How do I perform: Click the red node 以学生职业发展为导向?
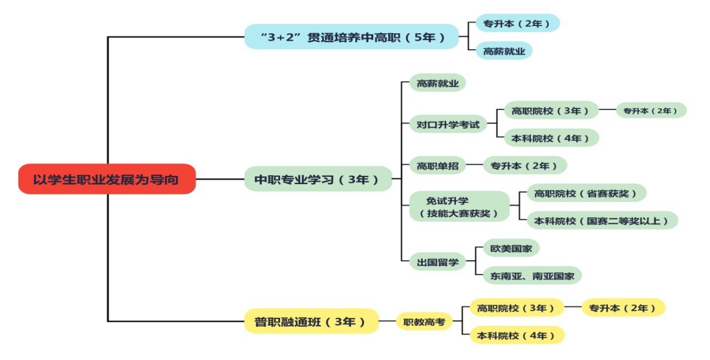point(106,179)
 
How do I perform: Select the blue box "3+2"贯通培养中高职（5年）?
point(352,37)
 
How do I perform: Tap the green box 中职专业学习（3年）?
point(318,179)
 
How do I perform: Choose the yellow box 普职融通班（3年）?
point(311,321)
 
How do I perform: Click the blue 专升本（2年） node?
point(517,23)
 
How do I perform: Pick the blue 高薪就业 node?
point(504,51)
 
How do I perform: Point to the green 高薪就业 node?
point(437,83)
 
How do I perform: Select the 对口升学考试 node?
point(448,124)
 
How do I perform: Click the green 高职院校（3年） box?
point(551,110)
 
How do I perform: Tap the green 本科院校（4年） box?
point(551,138)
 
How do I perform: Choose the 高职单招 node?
point(437,165)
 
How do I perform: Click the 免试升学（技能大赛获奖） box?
point(459,207)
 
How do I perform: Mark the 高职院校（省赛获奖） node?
point(586,193)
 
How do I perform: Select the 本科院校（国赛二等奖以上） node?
point(602,220)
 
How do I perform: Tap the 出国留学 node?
point(437,262)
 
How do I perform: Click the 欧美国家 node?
point(511,248)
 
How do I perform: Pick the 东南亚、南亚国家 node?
point(532,275)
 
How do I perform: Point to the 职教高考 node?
point(424,321)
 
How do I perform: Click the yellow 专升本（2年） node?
point(623,308)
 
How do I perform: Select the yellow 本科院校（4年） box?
point(517,335)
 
